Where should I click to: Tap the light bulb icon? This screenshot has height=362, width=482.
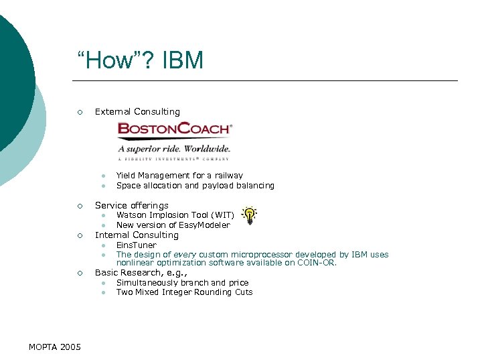click(x=249, y=215)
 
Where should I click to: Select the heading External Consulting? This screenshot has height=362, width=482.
click(x=137, y=111)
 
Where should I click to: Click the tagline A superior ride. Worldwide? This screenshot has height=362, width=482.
click(x=174, y=148)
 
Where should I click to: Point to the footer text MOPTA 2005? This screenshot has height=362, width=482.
click(x=55, y=347)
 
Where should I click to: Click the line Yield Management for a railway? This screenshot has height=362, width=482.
click(x=179, y=176)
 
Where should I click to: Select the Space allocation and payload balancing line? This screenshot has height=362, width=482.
click(x=195, y=186)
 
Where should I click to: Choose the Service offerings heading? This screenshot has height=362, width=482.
click(x=132, y=205)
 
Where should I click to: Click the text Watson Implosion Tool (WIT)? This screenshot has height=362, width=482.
click(x=175, y=215)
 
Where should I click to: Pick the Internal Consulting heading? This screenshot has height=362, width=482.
click(x=137, y=235)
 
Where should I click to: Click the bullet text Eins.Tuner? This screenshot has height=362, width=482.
click(x=136, y=245)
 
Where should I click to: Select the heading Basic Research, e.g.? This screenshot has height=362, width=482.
click(x=141, y=273)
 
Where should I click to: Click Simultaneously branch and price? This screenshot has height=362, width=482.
click(x=182, y=283)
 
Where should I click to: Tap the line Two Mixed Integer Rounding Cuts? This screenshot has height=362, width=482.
click(x=184, y=292)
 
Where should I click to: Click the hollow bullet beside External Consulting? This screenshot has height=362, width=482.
click(x=79, y=112)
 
